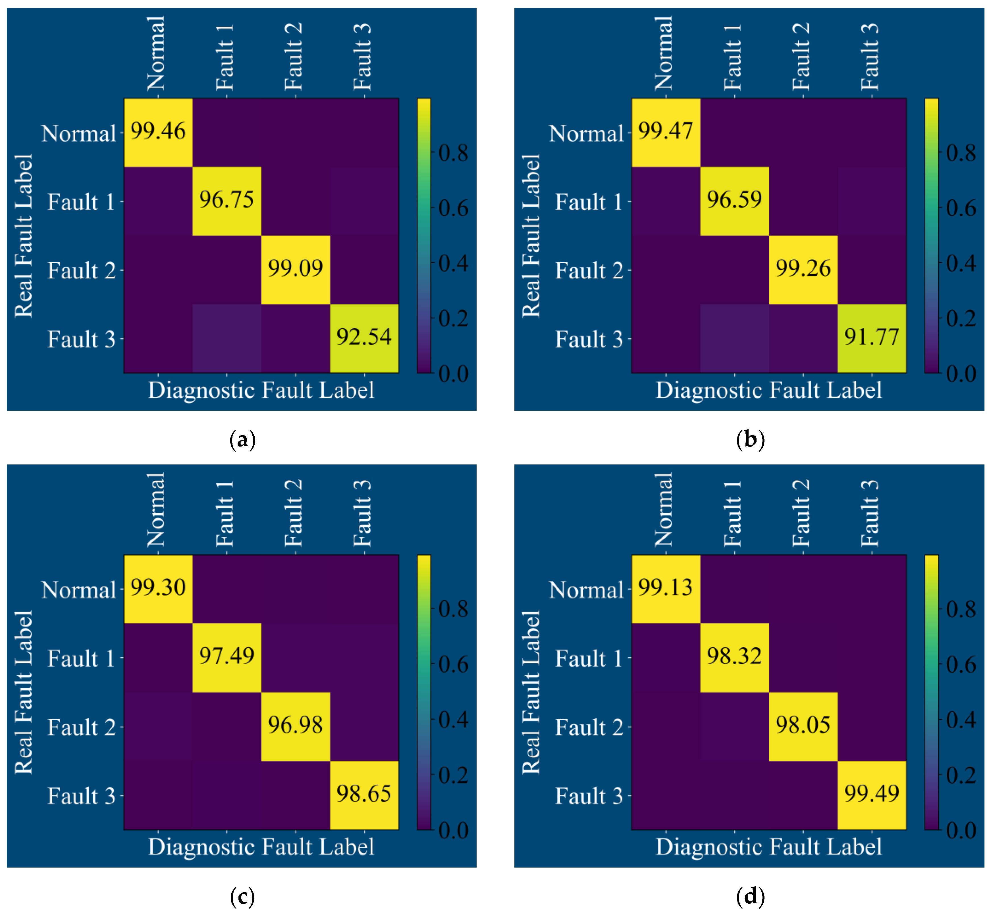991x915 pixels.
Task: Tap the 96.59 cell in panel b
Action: pos(734,199)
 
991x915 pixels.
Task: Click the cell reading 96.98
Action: pos(295,725)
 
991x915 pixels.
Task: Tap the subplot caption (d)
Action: pos(750,896)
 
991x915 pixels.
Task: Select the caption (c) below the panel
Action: pos(243,896)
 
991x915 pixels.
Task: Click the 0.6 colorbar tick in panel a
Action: pos(453,209)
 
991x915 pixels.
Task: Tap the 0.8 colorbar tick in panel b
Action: pos(961,153)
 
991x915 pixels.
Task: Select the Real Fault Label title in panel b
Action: pos(531,236)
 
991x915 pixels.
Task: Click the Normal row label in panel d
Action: pos(586,590)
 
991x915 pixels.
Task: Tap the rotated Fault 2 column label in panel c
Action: pos(293,513)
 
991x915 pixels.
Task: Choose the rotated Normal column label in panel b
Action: pos(664,53)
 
